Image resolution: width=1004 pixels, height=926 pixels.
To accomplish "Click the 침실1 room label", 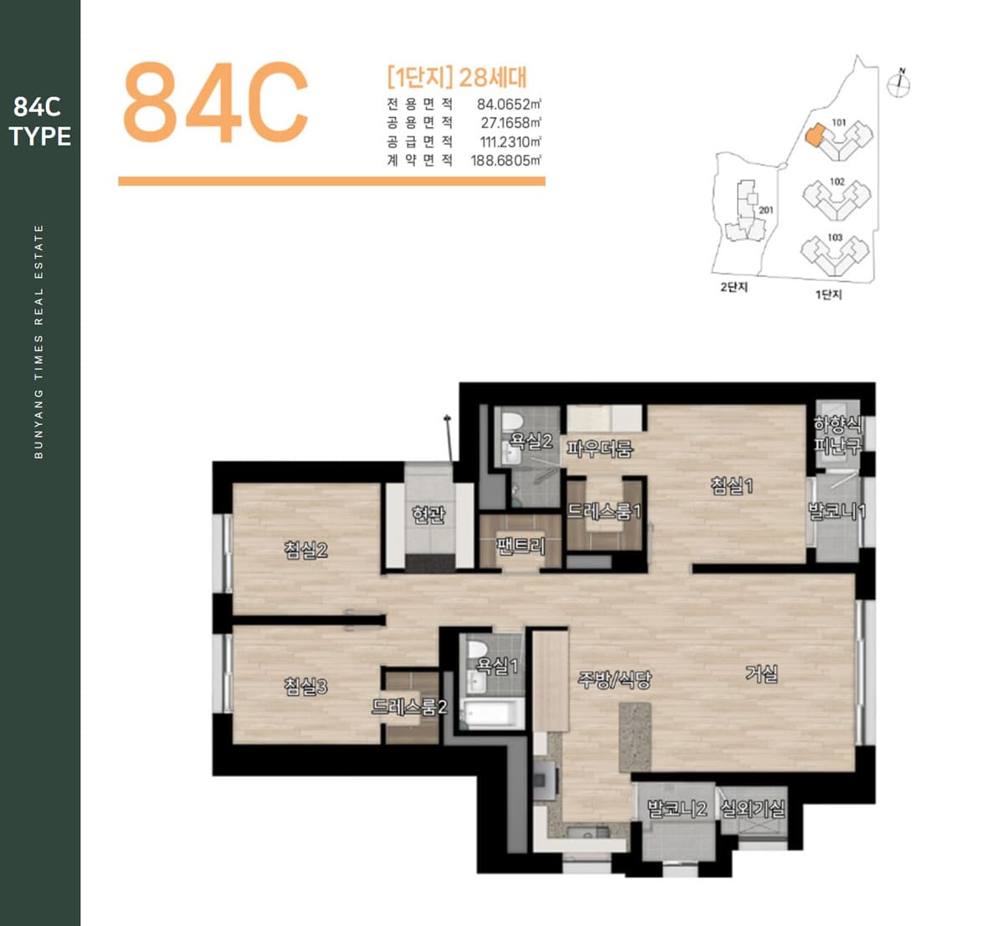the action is pos(731,486).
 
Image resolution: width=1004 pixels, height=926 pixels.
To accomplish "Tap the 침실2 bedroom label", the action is pos(305,550).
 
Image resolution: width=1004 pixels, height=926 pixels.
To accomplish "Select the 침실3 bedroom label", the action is pos(305,687).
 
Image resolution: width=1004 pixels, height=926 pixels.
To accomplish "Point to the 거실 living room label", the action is pos(761,673).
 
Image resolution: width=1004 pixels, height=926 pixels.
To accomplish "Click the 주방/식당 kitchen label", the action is pos(614,679).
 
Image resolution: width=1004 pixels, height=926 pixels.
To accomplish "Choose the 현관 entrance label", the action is pos(428,514).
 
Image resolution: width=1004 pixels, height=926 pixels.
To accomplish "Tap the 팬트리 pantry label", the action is pos(520,546).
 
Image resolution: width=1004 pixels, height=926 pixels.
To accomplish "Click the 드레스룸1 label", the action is pos(603,512).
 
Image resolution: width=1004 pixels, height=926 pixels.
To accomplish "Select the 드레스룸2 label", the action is pos(409,706).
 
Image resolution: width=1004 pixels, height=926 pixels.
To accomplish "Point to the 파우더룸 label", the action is pos(598,448).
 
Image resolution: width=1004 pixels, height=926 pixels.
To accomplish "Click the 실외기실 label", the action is pos(753,809).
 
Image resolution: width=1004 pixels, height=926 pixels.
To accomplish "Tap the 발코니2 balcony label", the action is pos(677,809).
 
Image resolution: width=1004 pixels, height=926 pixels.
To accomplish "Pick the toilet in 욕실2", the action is pos(511,422).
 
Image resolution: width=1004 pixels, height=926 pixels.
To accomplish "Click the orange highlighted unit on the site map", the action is pos(814,136).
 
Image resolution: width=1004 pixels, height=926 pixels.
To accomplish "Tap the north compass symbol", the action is pos(899,84).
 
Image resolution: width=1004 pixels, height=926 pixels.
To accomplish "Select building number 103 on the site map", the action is pos(835,237).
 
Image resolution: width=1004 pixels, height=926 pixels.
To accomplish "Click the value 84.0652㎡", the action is pos(509,104).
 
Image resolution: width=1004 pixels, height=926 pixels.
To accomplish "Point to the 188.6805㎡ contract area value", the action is pos(505,161).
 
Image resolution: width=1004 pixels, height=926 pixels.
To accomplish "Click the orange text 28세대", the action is pos(493,77).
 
